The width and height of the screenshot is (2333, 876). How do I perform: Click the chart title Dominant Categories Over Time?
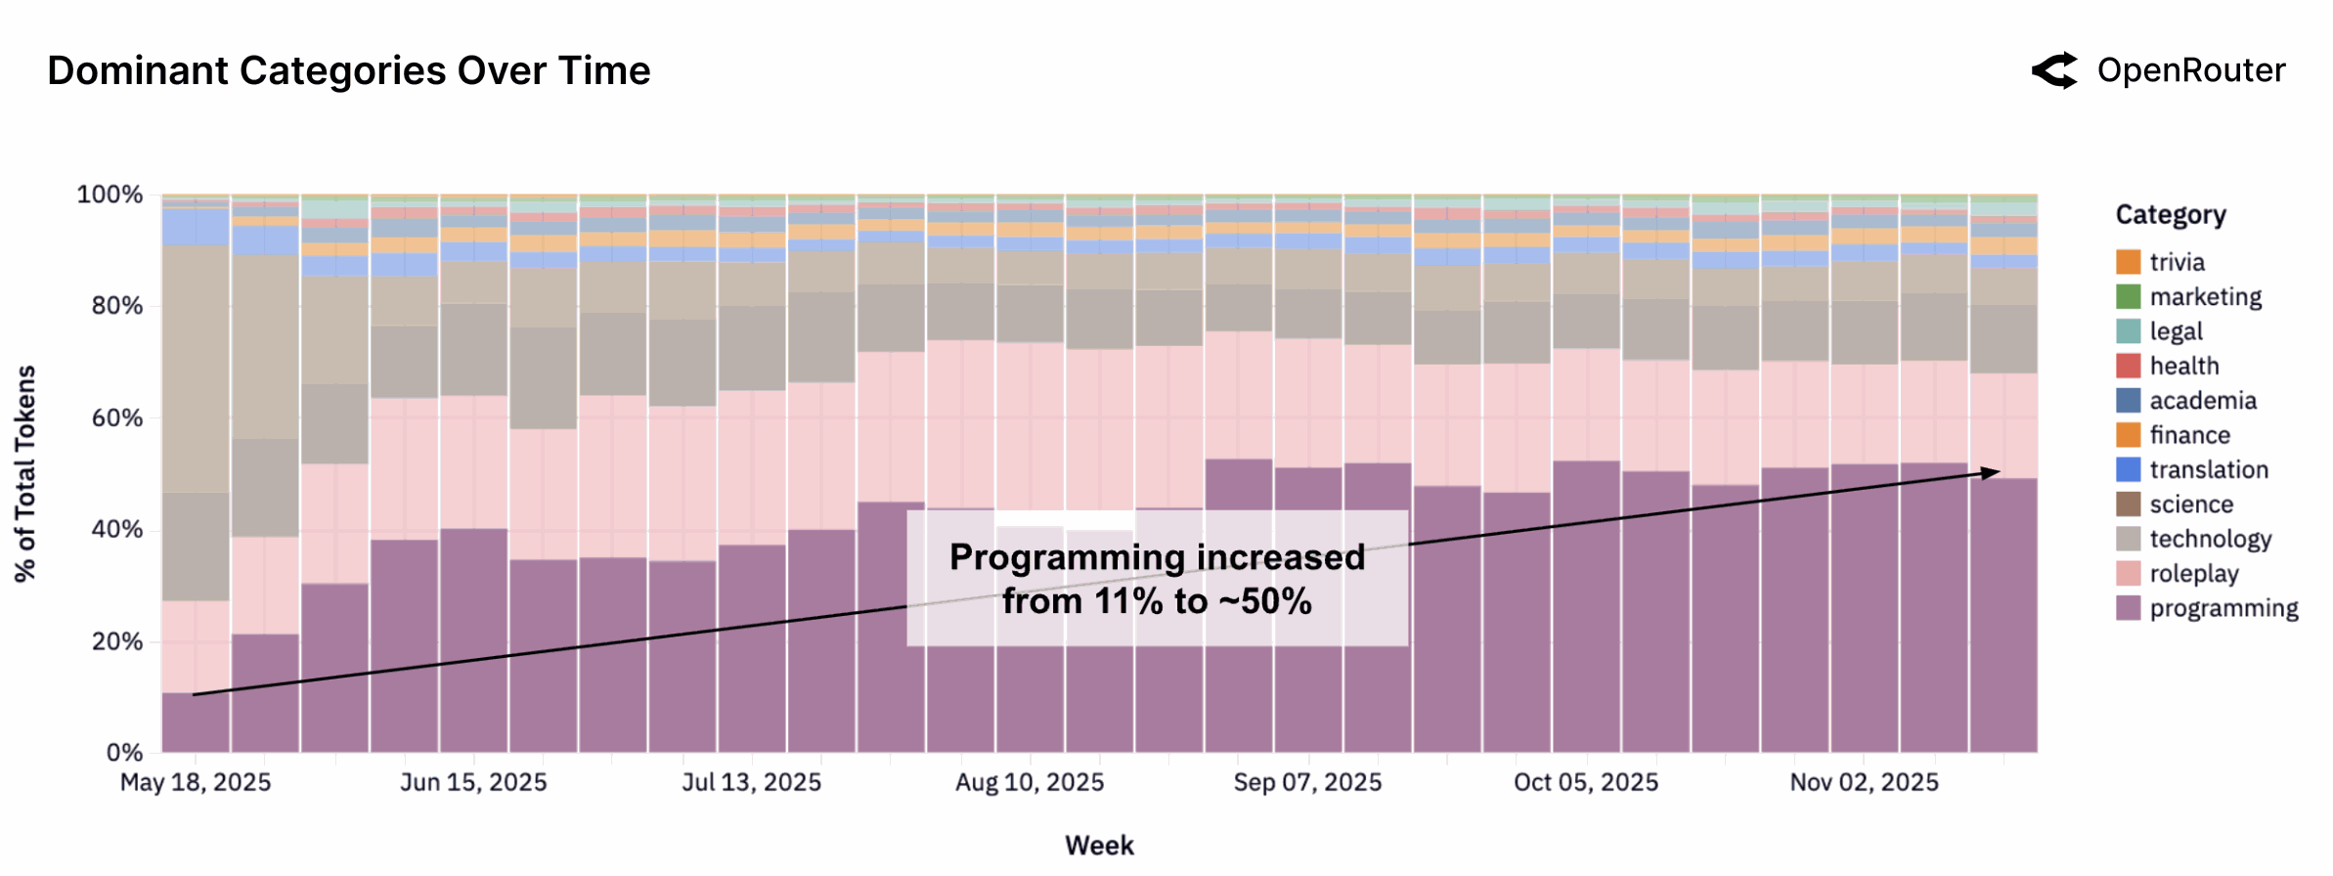pos(348,71)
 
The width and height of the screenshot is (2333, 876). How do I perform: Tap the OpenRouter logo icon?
pos(2054,71)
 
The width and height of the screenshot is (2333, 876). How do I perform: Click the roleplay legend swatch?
pos(2128,574)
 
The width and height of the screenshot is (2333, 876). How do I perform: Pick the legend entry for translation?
pos(2208,470)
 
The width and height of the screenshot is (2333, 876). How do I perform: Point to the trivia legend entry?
pos(2176,262)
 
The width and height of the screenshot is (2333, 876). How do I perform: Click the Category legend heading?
pos(2170,215)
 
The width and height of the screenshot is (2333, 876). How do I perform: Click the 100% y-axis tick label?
pos(110,195)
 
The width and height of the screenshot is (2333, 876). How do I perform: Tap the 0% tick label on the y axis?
pos(124,753)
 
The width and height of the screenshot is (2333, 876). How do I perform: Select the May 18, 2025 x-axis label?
pos(196,783)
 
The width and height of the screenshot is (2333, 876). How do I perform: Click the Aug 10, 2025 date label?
pos(1030,783)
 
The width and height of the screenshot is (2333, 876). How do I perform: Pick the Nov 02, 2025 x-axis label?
pos(1864,783)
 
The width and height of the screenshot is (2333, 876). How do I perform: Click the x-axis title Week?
pos(1099,846)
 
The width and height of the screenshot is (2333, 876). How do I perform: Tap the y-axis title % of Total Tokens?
pos(25,474)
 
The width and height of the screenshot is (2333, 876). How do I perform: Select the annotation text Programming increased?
pos(1157,557)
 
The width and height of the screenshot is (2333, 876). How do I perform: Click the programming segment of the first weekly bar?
pos(196,723)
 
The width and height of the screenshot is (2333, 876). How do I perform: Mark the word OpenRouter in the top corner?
pos(2191,71)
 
